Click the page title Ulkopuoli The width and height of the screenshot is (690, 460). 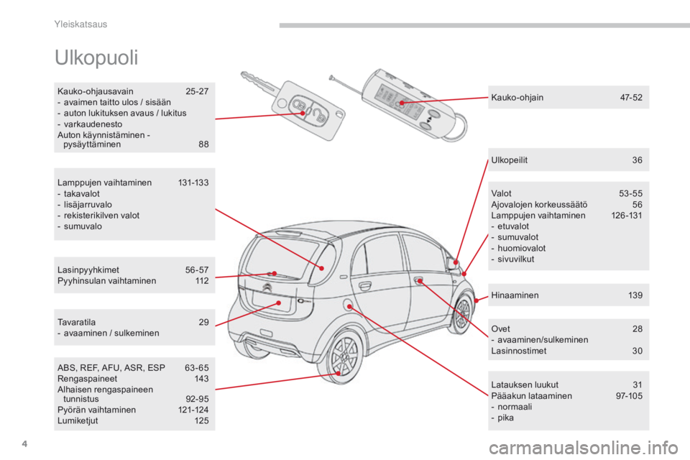pyautogui.click(x=96, y=57)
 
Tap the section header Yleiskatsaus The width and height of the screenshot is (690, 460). pyautogui.click(x=80, y=24)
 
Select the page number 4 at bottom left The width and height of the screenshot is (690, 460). pyautogui.click(x=24, y=443)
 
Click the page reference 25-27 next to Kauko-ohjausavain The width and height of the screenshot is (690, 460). pyautogui.click(x=197, y=91)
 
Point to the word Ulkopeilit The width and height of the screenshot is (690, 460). pyautogui.click(x=509, y=160)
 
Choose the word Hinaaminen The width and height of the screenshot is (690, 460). pyautogui.click(x=515, y=295)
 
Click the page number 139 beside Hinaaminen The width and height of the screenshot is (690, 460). pyautogui.click(x=635, y=295)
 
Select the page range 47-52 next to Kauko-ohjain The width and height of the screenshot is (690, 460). pyautogui.click(x=631, y=98)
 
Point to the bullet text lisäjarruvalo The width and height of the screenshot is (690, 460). pyautogui.click(x=88, y=205)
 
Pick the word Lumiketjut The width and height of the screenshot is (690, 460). pyautogui.click(x=78, y=420)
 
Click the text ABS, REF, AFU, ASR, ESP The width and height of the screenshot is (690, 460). pyautogui.click(x=111, y=368)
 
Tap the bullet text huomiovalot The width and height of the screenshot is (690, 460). pyautogui.click(x=522, y=248)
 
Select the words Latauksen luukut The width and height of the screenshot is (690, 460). pyautogui.click(x=525, y=385)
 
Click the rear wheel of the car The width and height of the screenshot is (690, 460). pyautogui.click(x=346, y=355)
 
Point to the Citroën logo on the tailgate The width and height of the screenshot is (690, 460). pyautogui.click(x=267, y=288)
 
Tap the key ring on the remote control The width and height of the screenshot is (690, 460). pyautogui.click(x=456, y=128)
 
